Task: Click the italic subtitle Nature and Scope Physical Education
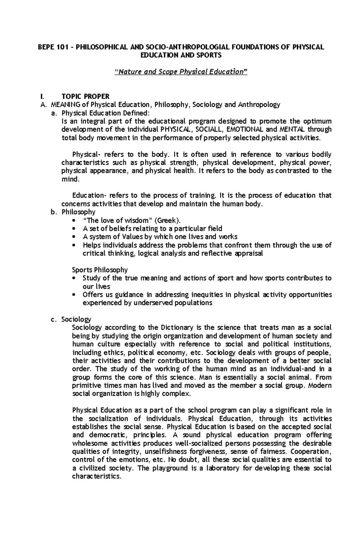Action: click(182, 72)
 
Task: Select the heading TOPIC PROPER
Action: click(85, 97)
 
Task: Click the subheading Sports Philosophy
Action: click(100, 270)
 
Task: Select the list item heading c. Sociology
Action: click(76, 319)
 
